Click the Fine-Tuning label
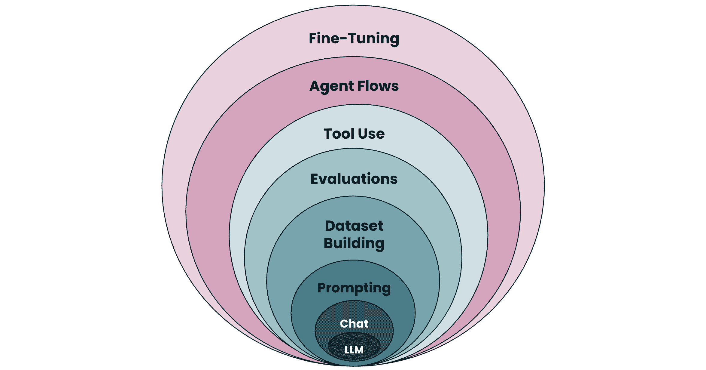point(354,39)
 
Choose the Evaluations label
point(354,179)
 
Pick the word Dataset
point(354,226)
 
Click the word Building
point(354,243)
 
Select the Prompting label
point(354,288)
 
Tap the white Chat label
point(354,324)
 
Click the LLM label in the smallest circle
point(354,350)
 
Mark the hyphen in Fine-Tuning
point(344,39)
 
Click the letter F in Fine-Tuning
point(313,39)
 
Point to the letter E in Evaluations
point(315,179)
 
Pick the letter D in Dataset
point(330,226)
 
